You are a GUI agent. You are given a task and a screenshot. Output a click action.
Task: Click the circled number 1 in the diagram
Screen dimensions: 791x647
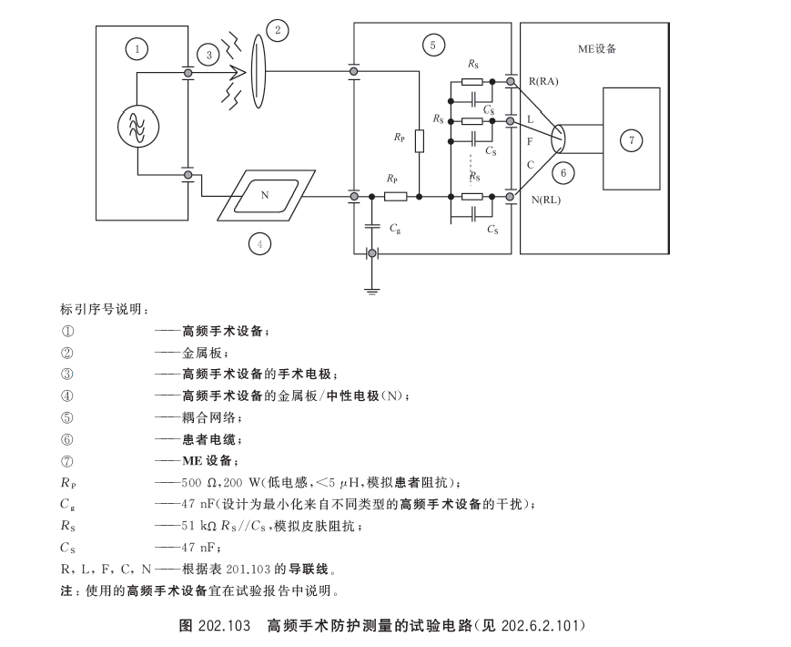[x=137, y=49]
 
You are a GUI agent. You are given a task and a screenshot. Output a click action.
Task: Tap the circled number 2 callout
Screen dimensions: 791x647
[x=277, y=30]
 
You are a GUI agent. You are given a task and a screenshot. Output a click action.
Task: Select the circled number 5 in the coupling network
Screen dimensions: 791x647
[x=433, y=46]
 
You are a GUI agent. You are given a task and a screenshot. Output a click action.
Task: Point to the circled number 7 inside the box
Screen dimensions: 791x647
[x=631, y=140]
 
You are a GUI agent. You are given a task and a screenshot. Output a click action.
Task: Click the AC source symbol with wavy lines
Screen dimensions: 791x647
[x=138, y=127]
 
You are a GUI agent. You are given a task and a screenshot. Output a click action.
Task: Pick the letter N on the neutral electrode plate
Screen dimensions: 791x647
[x=265, y=195]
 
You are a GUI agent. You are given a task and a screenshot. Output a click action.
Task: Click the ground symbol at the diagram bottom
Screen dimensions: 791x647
[x=371, y=290]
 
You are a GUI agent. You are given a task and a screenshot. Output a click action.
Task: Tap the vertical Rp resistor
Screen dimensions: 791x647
[x=420, y=141]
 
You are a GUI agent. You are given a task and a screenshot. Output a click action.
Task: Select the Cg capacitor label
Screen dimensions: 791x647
[x=394, y=229]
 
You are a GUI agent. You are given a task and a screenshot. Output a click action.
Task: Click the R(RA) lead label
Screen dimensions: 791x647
[x=543, y=81]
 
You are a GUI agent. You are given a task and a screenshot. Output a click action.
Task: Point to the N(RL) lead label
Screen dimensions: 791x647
[x=546, y=200]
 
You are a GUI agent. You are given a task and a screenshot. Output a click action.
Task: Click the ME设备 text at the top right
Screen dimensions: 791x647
[x=597, y=48]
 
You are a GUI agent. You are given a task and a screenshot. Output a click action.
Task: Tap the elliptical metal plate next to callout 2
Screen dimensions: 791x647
[x=258, y=71]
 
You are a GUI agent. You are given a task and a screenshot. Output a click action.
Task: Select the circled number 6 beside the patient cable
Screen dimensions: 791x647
[x=563, y=173]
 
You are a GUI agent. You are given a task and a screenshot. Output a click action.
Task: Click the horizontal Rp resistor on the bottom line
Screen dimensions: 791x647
[x=395, y=197]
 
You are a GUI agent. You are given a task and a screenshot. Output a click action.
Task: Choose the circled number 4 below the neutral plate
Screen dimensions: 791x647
[x=259, y=244]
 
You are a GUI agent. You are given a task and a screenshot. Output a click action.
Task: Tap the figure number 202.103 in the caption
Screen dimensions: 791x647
[x=225, y=626]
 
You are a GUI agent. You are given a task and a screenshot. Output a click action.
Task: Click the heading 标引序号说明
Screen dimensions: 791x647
[x=103, y=309]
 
